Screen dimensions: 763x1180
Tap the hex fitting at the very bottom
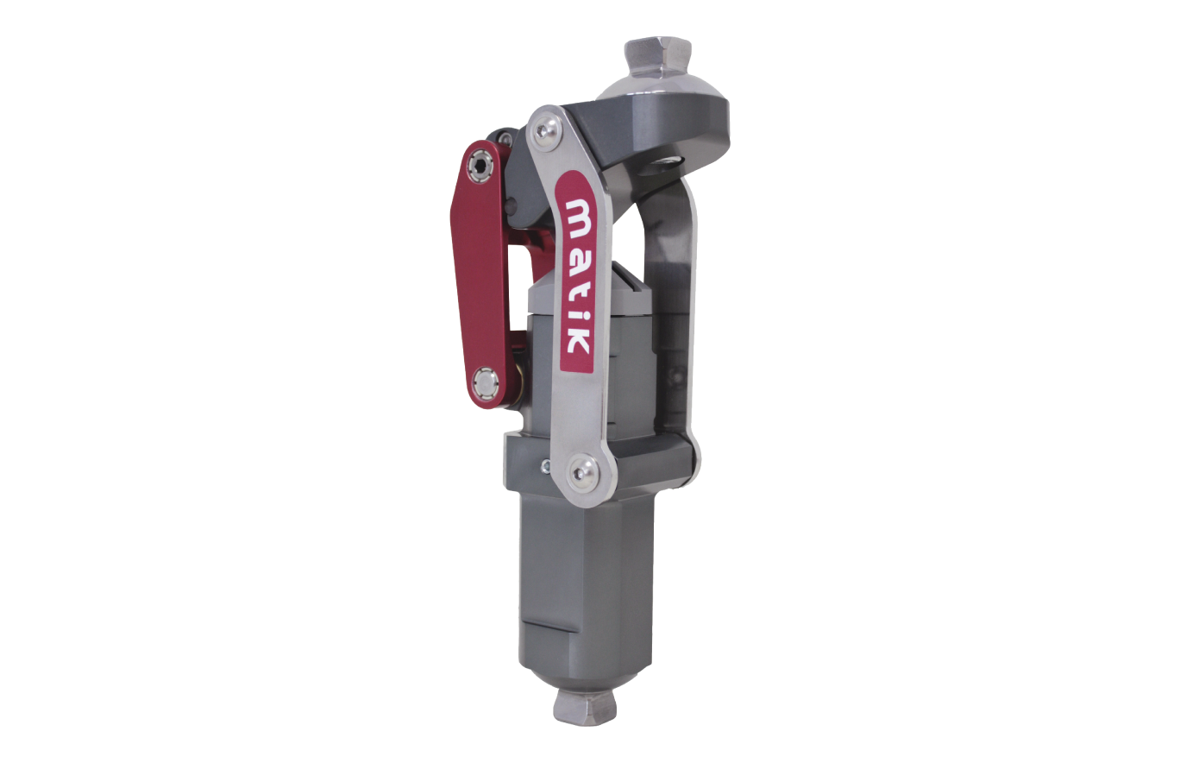point(586,707)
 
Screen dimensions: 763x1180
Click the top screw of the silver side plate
point(543,131)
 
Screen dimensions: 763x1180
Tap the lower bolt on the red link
point(486,380)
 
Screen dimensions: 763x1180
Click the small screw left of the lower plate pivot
point(545,467)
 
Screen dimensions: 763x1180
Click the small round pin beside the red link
point(511,205)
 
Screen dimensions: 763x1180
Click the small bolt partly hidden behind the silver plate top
point(504,138)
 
